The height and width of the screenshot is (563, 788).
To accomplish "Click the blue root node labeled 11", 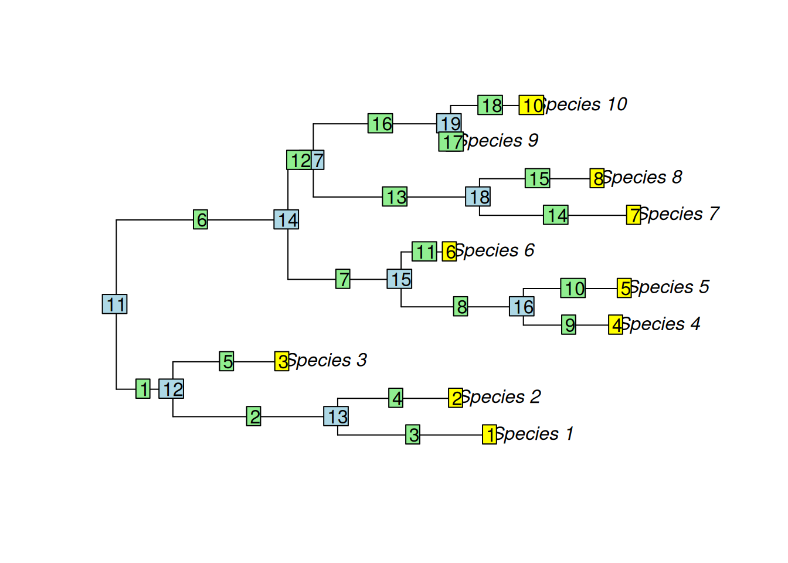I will (114, 304).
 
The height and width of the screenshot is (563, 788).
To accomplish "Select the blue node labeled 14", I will (286, 219).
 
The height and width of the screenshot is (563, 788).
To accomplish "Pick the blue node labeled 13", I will (336, 416).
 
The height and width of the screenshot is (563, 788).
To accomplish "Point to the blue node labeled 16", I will (522, 306).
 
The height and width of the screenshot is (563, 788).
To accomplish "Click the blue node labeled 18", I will (478, 196).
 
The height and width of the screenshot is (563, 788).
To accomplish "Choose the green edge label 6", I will (201, 219).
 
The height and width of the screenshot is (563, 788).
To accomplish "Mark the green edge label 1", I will (142, 388).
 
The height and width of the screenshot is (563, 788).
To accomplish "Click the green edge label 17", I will (450, 143).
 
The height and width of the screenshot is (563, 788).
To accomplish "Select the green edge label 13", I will (395, 196).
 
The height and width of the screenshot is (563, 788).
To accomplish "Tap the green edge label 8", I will (461, 306).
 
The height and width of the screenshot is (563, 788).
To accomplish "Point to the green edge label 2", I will (253, 416).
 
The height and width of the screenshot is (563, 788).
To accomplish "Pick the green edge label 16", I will (381, 123).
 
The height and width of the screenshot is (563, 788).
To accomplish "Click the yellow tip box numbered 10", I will (531, 105).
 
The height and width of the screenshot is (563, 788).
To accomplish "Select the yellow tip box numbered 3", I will (281, 361).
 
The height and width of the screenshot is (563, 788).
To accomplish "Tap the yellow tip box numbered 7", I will (633, 215).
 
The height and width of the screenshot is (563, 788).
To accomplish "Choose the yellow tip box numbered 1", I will (489, 435).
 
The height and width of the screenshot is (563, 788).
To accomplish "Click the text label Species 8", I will (643, 177).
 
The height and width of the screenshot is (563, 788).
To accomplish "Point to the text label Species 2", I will (502, 397).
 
